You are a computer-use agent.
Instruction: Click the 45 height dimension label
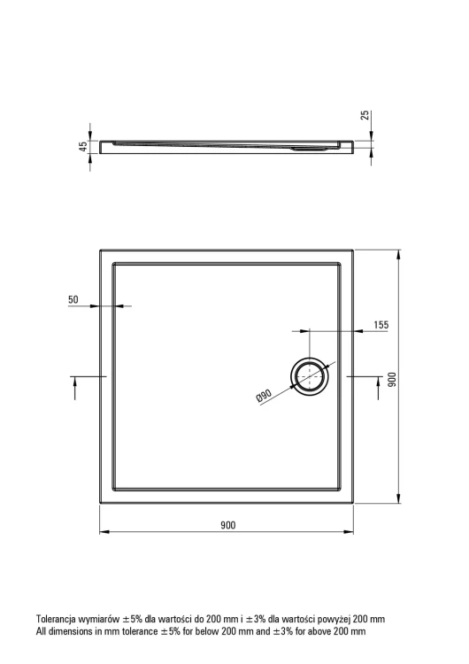point(83,146)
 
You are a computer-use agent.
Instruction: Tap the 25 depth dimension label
point(365,115)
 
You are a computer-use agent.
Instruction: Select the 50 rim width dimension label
point(73,299)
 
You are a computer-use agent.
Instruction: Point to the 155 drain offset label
point(381,325)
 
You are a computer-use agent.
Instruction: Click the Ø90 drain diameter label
point(264,396)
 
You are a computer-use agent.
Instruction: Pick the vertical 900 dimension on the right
point(392,380)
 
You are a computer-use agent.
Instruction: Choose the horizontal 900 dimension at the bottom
point(227,525)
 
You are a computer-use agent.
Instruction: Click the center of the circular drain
point(310,376)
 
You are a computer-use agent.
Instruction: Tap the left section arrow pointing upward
point(75,388)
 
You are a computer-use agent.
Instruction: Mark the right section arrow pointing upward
point(379,388)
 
